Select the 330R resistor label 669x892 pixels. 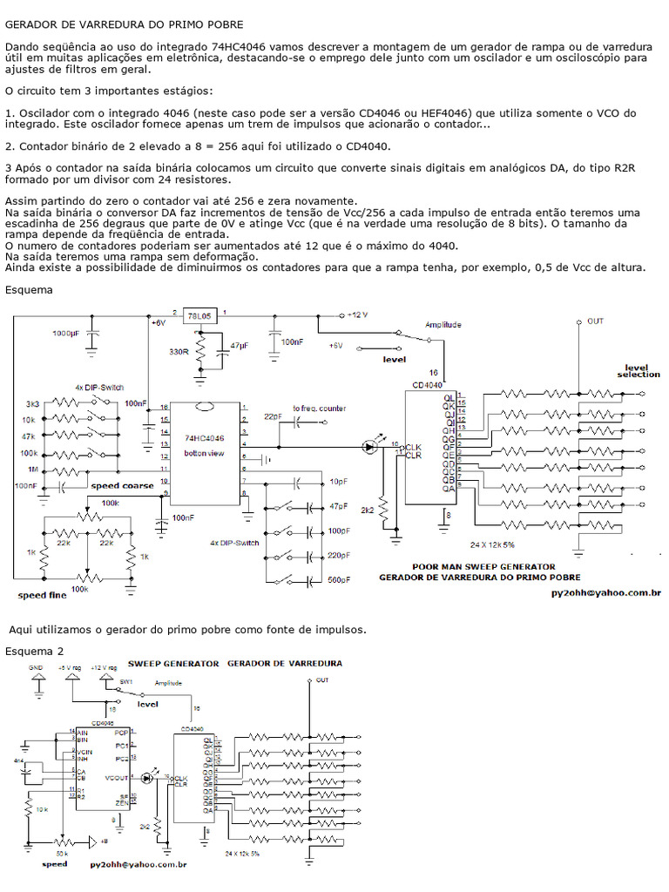pos(179,351)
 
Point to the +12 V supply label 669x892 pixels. pos(357,314)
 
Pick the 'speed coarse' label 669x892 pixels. pos(122,485)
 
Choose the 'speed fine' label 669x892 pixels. pos(42,596)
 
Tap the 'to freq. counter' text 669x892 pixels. pos(319,408)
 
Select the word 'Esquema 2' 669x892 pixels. pos(34,651)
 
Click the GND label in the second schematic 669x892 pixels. pos(36,667)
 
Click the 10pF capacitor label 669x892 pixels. pos(339,482)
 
